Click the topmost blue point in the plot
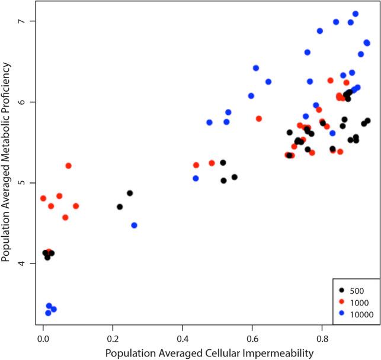[x=356, y=14]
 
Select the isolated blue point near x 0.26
[x=135, y=225]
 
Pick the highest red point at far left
[x=68, y=166]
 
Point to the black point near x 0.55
[x=235, y=177]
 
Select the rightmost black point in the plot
[x=368, y=121]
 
